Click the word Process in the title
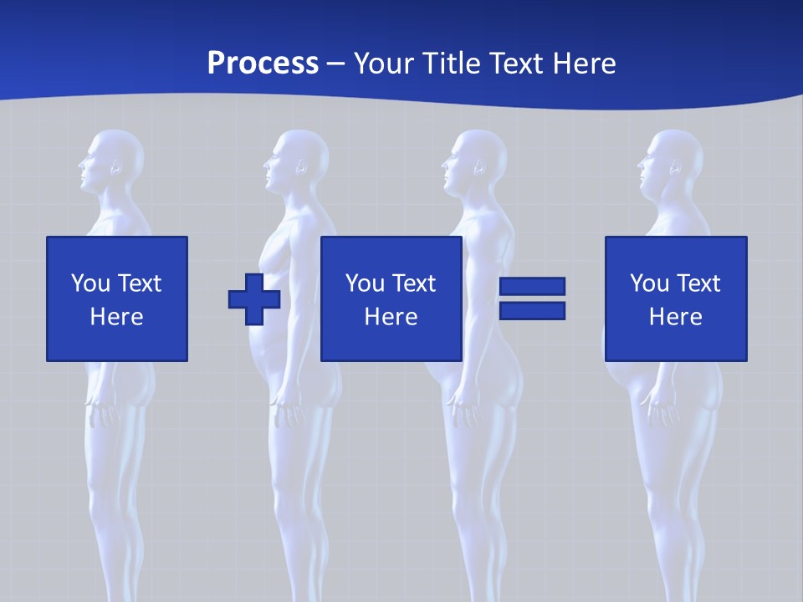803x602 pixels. coord(263,64)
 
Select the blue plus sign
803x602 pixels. coord(254,298)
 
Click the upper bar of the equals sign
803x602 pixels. coord(532,287)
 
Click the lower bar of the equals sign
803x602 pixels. coord(532,311)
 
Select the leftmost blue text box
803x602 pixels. coord(117,298)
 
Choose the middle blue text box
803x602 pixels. coord(391,298)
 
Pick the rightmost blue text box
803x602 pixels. coord(676,298)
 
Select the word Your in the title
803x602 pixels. coord(381,64)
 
